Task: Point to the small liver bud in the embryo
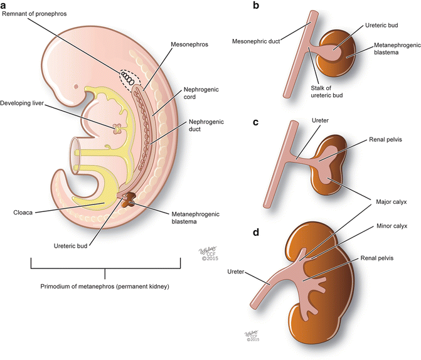click(117, 128)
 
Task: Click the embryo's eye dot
click(76, 87)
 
